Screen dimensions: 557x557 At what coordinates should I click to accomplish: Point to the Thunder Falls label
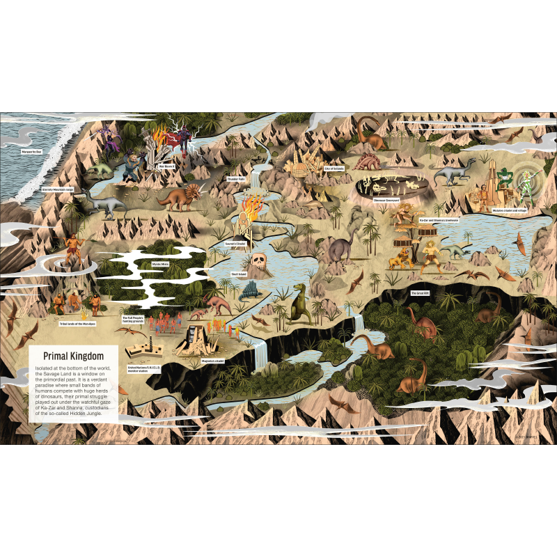coord(236,179)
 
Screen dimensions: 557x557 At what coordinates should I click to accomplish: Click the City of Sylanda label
coord(334,168)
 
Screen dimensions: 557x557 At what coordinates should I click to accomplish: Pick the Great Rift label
coord(419,293)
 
